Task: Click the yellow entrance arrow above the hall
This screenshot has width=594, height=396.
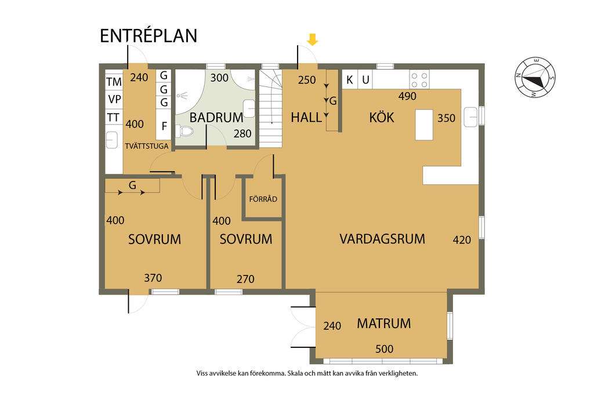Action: tap(312, 39)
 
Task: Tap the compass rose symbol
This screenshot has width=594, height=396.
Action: tap(535, 77)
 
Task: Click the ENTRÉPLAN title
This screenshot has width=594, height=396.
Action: tap(148, 35)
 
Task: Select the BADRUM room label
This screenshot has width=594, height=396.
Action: tap(216, 117)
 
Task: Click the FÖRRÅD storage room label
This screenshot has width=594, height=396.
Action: tap(263, 199)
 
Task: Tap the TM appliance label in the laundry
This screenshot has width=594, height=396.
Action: tap(114, 82)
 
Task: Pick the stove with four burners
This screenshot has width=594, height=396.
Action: tap(419, 79)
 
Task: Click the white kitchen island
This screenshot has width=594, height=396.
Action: tap(424, 125)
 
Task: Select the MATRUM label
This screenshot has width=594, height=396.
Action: tap(384, 324)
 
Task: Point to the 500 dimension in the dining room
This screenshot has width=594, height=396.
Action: tap(384, 348)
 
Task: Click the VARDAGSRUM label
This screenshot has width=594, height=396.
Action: tap(382, 239)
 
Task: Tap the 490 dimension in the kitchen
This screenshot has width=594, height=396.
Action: tap(407, 96)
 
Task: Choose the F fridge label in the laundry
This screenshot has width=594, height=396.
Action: tap(164, 126)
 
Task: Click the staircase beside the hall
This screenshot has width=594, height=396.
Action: tap(270, 108)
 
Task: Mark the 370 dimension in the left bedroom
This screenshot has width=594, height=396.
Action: tap(153, 278)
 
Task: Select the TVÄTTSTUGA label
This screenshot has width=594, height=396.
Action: tap(147, 146)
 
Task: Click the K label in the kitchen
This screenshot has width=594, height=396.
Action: tap(350, 80)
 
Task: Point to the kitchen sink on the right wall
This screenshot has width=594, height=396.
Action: tap(470, 117)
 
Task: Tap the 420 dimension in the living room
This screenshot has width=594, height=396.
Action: tap(462, 239)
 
